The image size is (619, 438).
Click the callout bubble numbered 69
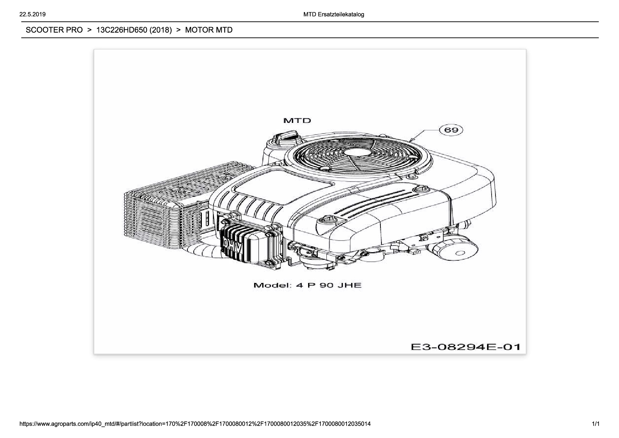(x=451, y=130)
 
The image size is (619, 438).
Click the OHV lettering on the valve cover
(x=233, y=247)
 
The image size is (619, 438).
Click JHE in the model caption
(x=349, y=285)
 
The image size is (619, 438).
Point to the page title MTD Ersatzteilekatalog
(x=333, y=14)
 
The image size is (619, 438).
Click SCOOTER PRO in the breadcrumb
(x=54, y=30)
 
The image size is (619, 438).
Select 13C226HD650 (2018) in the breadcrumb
(x=134, y=30)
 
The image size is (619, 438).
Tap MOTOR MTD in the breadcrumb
(x=209, y=30)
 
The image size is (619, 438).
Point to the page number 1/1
(x=595, y=424)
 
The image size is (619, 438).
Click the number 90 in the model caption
(x=326, y=285)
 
